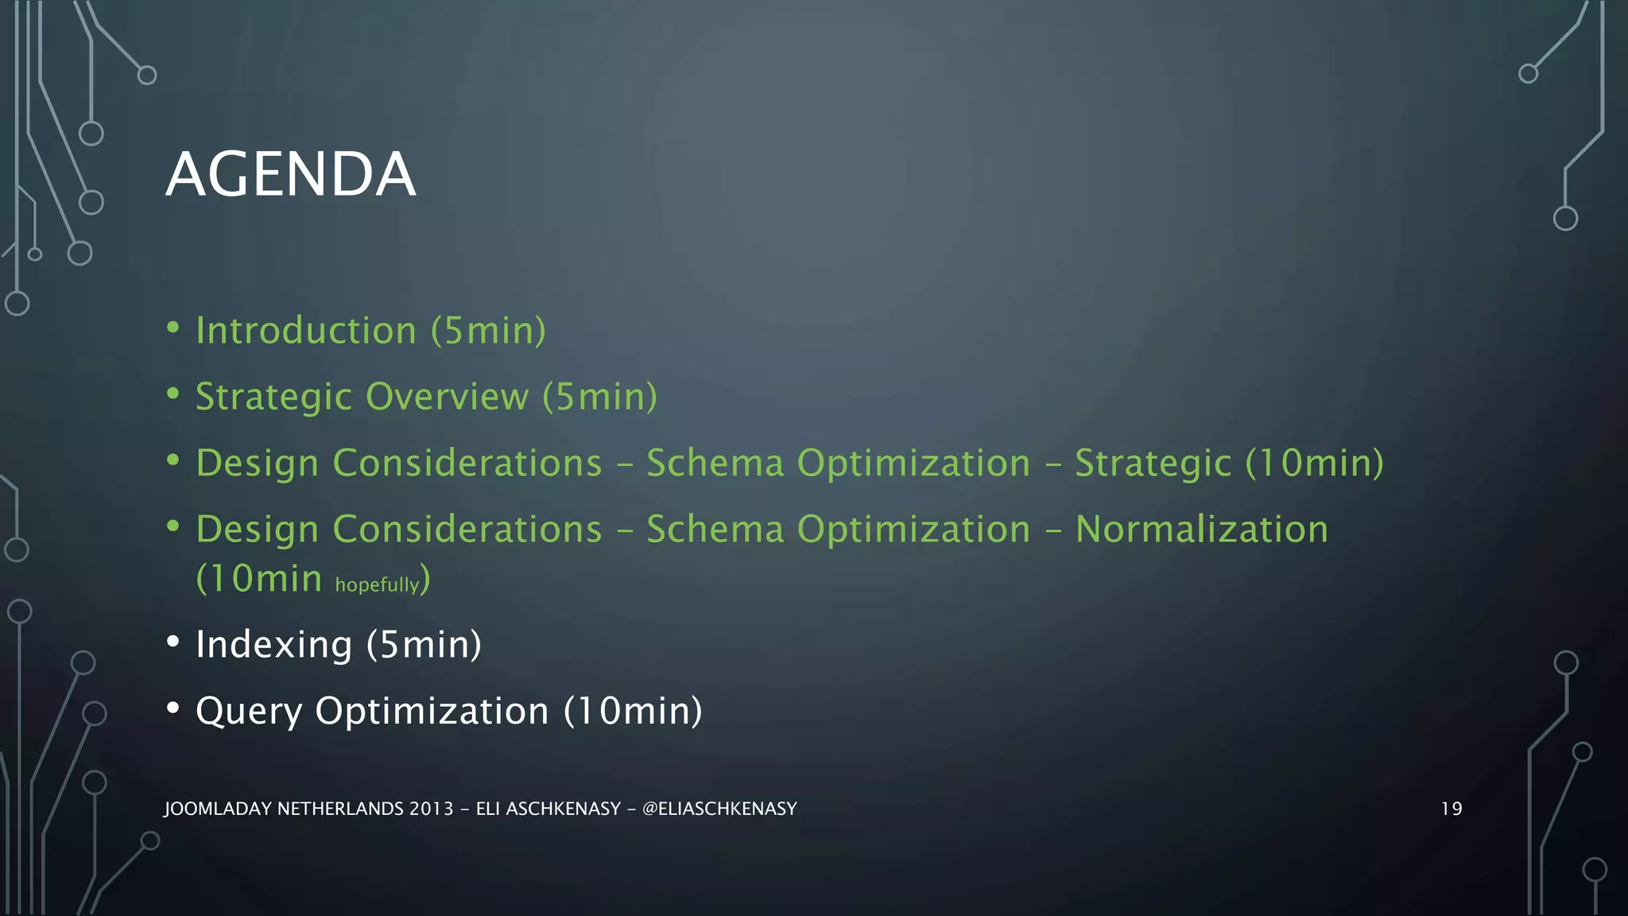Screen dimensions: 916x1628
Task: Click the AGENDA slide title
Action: pyautogui.click(x=290, y=174)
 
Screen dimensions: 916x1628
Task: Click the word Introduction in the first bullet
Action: pyautogui.click(x=306, y=331)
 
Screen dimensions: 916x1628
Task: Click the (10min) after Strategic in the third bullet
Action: pyautogui.click(x=1314, y=464)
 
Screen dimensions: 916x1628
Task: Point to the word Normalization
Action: pyautogui.click(x=1201, y=530)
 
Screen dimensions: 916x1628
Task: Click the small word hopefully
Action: pyautogui.click(x=377, y=585)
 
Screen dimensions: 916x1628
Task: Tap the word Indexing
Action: pyautogui.click(x=273, y=645)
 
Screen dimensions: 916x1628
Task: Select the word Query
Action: pyautogui.click(x=249, y=712)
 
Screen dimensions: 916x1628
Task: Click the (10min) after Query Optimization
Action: pyautogui.click(x=633, y=712)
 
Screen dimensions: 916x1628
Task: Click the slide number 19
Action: pyautogui.click(x=1451, y=809)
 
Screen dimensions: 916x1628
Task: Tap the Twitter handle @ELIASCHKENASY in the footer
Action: pyautogui.click(x=719, y=809)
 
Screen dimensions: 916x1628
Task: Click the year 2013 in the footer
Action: pyautogui.click(x=431, y=809)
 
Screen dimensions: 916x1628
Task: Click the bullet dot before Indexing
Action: pyautogui.click(x=173, y=642)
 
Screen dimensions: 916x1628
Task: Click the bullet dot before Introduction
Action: pyautogui.click(x=173, y=328)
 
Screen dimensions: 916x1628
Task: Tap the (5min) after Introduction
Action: pyautogui.click(x=488, y=331)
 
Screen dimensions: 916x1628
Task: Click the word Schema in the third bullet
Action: pyautogui.click(x=715, y=464)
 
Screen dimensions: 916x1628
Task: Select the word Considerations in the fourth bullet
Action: pyautogui.click(x=467, y=530)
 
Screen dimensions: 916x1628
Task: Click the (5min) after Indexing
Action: pyautogui.click(x=424, y=645)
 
